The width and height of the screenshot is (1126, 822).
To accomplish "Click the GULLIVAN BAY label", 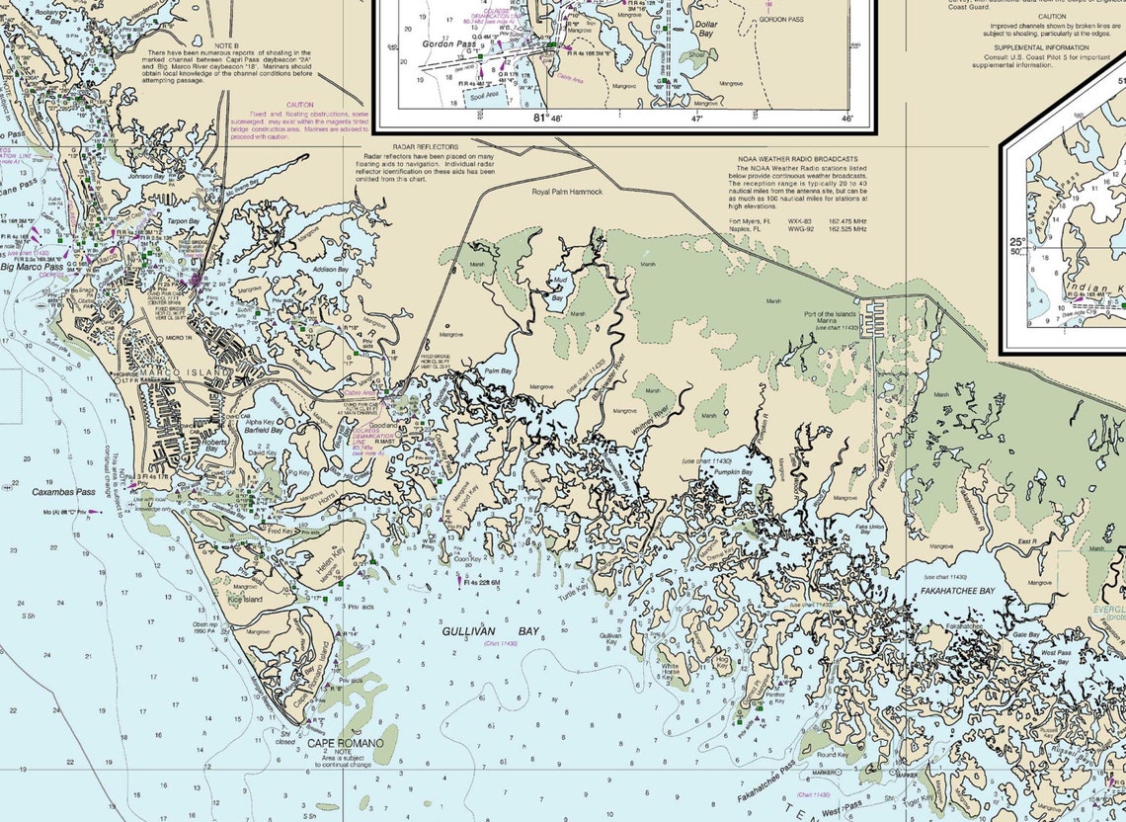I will (468, 630).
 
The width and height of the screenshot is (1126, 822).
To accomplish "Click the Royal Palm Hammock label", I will (567, 192).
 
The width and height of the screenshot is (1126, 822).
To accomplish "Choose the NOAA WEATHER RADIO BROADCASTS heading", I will (797, 159).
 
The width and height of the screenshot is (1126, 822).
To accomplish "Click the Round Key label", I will (832, 755).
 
